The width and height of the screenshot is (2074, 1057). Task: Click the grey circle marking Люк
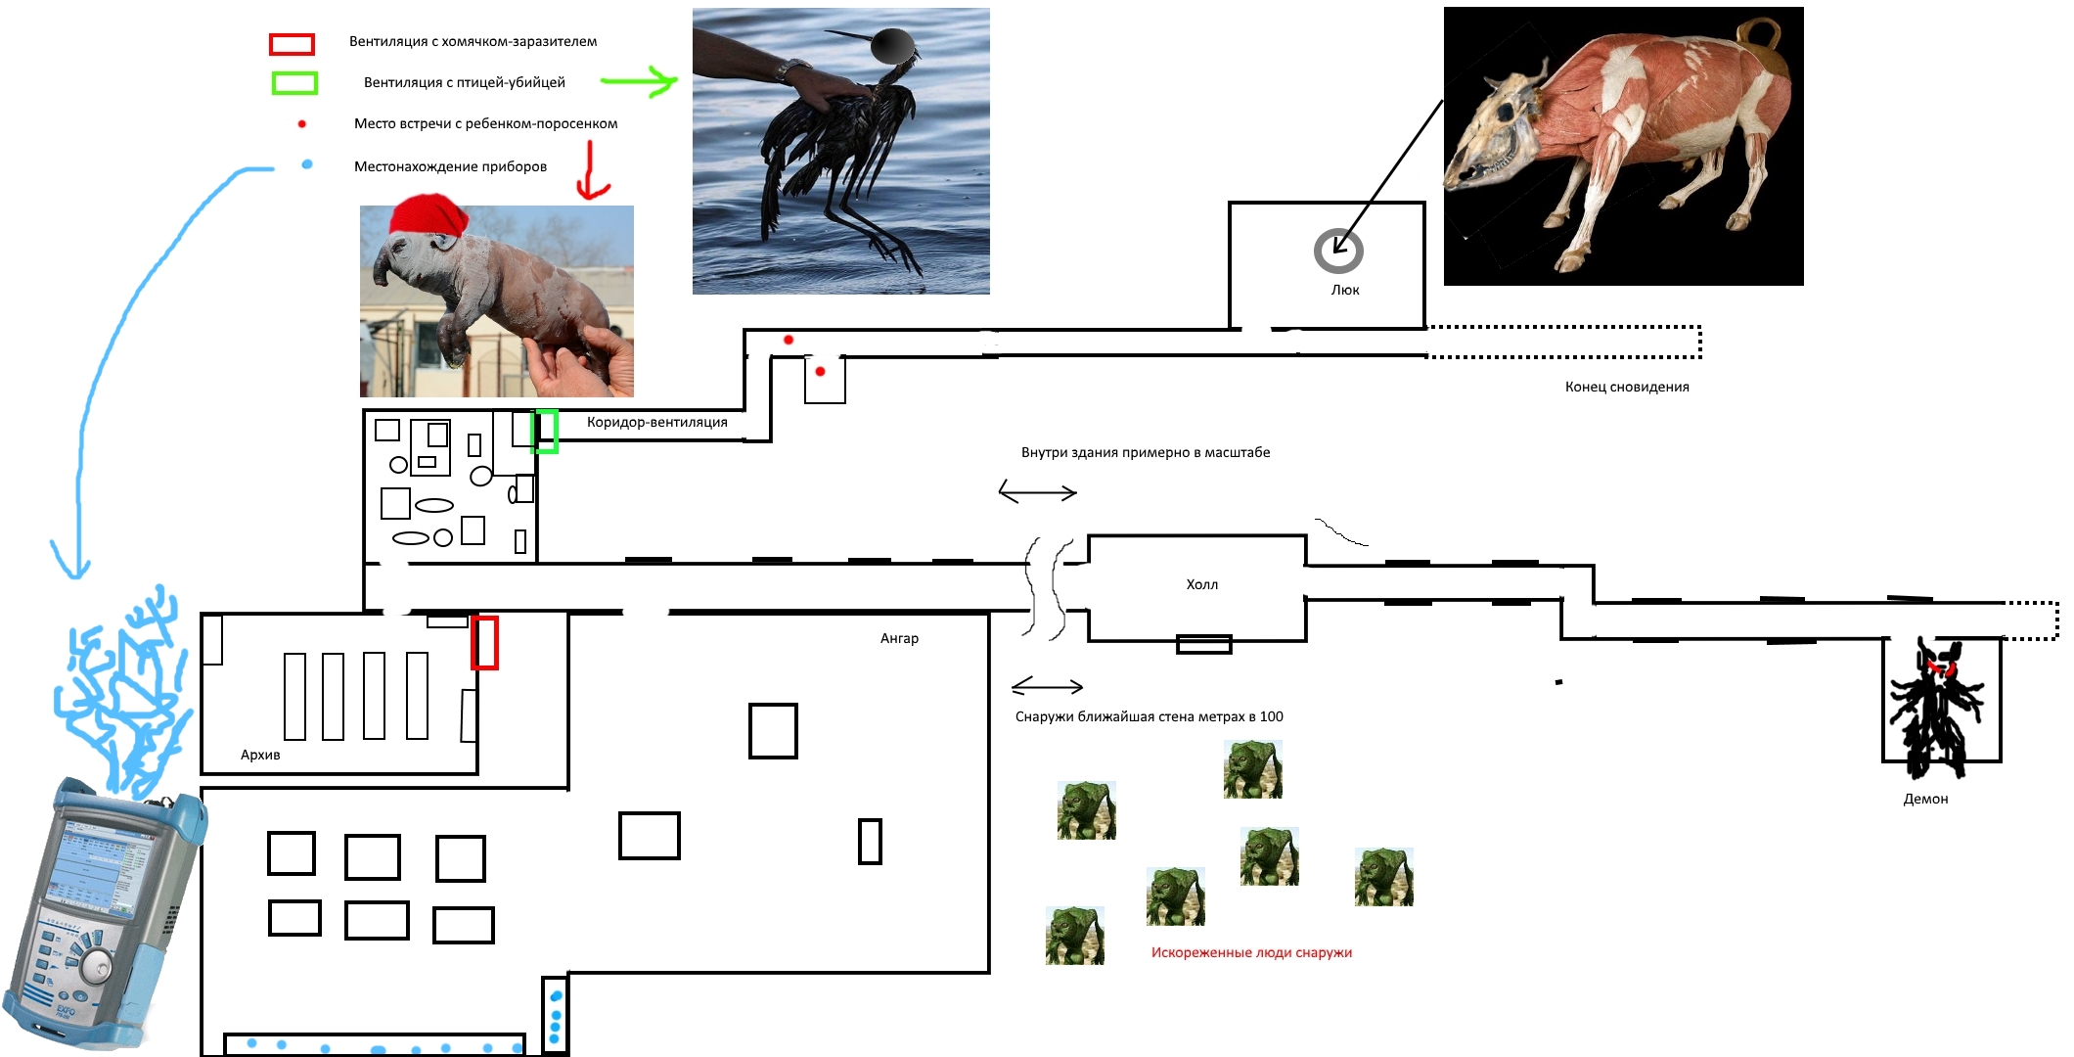coord(1338,251)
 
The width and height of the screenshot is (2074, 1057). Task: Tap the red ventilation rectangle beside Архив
coord(485,643)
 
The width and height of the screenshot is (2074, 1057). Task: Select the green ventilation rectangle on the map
coord(546,432)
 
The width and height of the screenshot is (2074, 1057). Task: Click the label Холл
coord(1202,584)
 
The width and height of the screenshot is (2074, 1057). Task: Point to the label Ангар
coord(899,638)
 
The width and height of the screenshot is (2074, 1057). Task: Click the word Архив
coord(260,755)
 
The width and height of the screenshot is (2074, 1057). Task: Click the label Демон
coord(1925,799)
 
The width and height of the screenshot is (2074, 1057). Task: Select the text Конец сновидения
coord(1627,387)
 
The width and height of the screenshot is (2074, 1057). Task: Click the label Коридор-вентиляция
coord(657,422)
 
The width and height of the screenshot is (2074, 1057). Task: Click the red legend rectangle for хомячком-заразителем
coord(292,44)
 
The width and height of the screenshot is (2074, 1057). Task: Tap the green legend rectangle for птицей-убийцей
coord(294,83)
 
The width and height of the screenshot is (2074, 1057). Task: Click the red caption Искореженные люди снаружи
coord(1251,952)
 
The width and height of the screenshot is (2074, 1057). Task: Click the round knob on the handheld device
coord(96,965)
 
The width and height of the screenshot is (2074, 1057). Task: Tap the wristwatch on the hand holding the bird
coord(793,70)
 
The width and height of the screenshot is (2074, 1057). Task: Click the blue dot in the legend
coord(307,164)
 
